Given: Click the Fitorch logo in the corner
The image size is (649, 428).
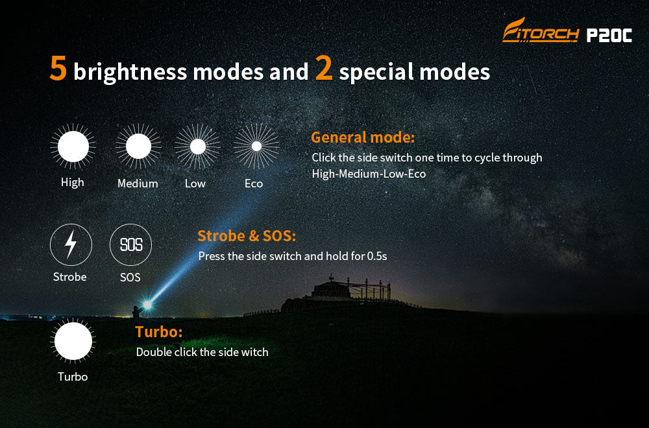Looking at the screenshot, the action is [x=541, y=30].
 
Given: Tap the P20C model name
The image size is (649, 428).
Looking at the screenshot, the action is [x=609, y=35].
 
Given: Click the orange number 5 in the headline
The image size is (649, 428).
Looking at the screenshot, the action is [x=58, y=68].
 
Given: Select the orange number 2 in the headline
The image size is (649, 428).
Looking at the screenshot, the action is [x=323, y=68].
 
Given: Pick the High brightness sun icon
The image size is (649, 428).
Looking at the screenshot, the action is [x=73, y=147].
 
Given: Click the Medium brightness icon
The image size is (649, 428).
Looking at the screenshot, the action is [x=138, y=147].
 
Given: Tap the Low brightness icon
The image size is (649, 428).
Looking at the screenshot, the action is [x=197, y=147].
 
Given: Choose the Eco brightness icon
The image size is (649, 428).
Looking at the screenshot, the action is [x=256, y=147].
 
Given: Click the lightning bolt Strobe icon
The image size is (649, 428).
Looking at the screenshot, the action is [x=71, y=245].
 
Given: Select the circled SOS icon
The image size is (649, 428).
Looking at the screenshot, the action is [x=131, y=245].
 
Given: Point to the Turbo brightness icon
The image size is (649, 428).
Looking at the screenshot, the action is [x=73, y=341].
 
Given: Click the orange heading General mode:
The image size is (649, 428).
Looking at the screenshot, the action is [x=363, y=137].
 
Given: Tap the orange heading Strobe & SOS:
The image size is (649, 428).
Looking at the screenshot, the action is [x=247, y=236].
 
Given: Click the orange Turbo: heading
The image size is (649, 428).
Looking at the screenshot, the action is [x=158, y=332].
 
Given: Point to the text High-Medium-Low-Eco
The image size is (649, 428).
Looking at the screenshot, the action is [x=369, y=174].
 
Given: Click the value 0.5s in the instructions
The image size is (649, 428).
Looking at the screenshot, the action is [x=377, y=256].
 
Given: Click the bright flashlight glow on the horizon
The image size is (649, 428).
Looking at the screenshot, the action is [x=147, y=305].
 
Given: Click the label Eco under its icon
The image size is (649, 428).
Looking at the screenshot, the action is [x=254, y=184].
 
